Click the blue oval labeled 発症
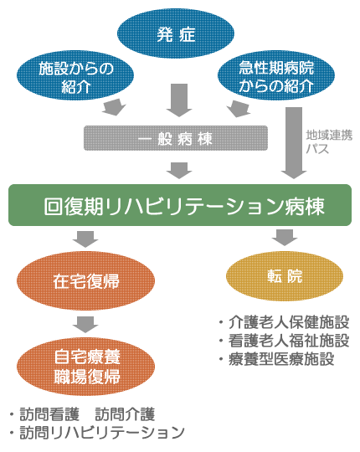tap(176, 35)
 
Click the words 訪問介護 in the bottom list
tap(125, 414)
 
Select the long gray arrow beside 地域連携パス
tap(293, 142)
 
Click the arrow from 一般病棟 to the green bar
tap(179, 170)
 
